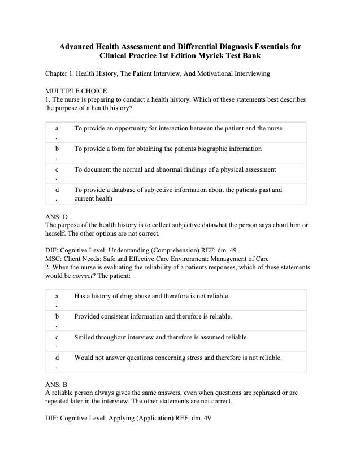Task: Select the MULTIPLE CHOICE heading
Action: [x=76, y=91]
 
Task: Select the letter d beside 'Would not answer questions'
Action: [x=57, y=358]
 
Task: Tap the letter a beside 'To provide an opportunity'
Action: [x=57, y=129]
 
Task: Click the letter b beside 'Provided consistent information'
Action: [x=57, y=317]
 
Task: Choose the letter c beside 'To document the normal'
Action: [x=57, y=170]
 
